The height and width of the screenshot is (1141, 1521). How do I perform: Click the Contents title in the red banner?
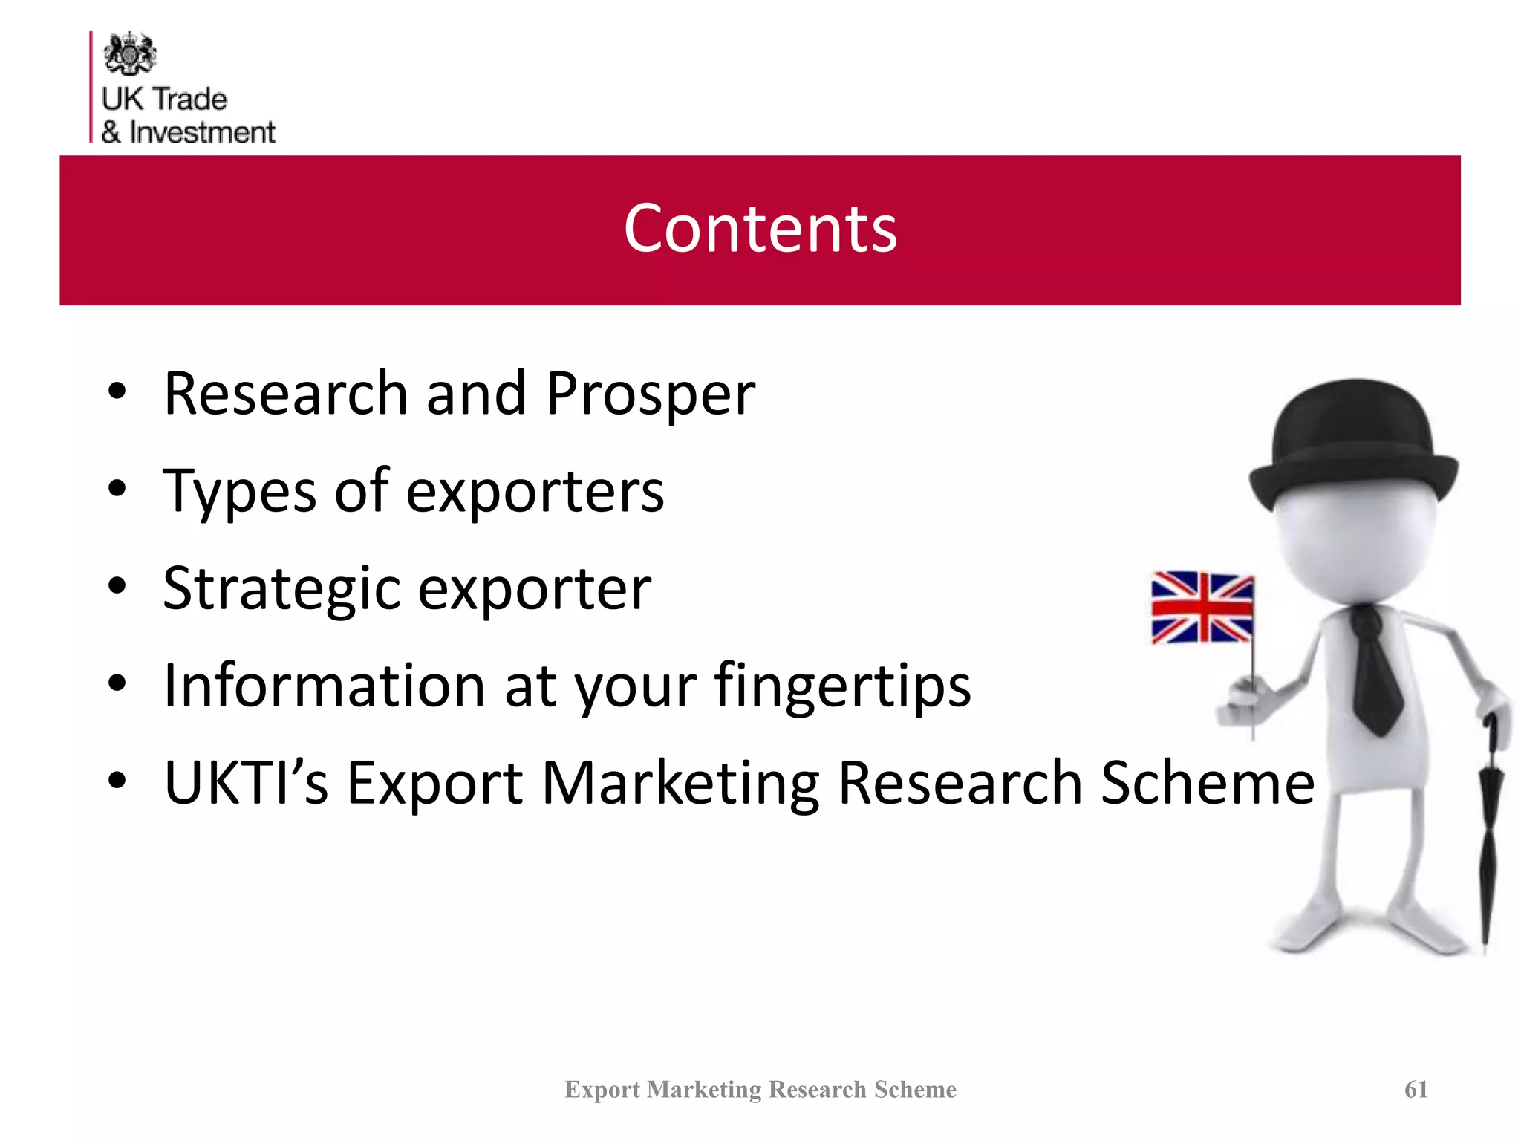click(x=760, y=229)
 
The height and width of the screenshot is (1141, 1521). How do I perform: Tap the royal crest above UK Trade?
click(x=130, y=53)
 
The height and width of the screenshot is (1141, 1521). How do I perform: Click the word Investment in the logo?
click(x=202, y=132)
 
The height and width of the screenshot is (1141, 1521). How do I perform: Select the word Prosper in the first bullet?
click(x=650, y=394)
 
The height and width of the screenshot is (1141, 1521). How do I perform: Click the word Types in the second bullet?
click(x=238, y=492)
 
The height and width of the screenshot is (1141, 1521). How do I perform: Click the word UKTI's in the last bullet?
click(x=246, y=783)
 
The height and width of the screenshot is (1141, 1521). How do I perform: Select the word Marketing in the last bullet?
click(x=680, y=784)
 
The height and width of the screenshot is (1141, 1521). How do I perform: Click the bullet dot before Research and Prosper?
click(x=117, y=391)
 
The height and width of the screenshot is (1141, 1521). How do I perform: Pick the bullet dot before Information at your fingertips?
click(x=117, y=683)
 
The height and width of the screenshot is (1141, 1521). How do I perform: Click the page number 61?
click(x=1416, y=1089)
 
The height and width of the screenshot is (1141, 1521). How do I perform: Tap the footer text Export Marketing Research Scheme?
click(x=760, y=1089)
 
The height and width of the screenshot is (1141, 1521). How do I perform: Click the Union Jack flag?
click(x=1202, y=608)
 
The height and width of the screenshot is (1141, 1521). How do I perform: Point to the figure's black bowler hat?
click(x=1353, y=446)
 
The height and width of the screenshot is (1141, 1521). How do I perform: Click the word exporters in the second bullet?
click(x=535, y=492)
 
